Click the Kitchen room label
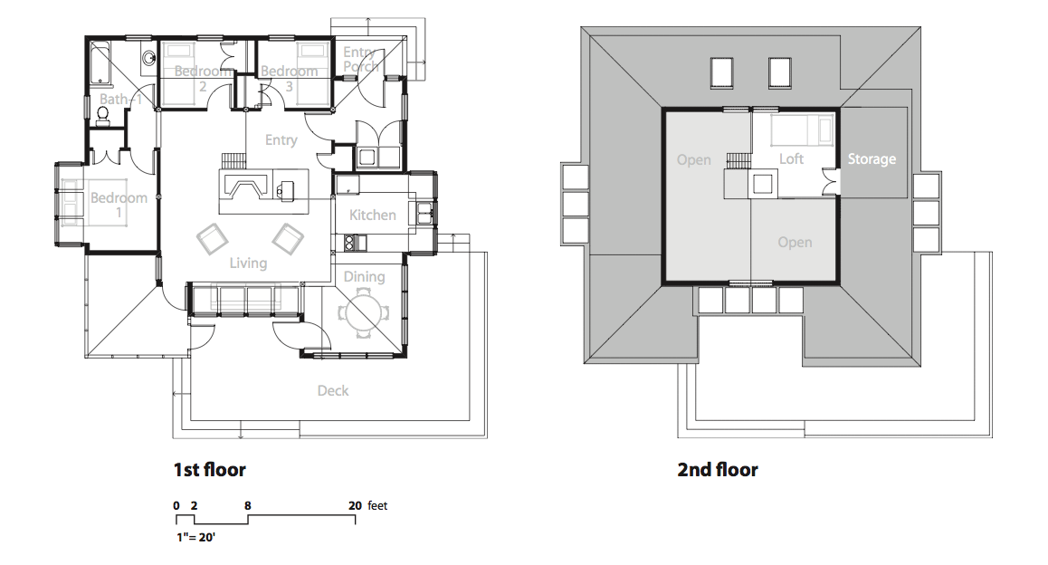coord(372,215)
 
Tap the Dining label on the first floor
coord(364,277)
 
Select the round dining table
coord(364,312)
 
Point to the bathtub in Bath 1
coord(100,62)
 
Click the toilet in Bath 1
coord(102,116)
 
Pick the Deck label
coord(333,390)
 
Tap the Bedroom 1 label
coord(119,205)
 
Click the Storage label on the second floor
coord(872,159)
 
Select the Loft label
coord(791,159)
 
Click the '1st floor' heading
coord(209,469)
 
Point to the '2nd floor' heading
coord(717,469)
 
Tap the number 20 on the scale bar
coord(355,505)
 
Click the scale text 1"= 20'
coord(195,537)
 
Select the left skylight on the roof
coord(721,72)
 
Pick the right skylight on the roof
coord(779,72)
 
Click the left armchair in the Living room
coord(213,239)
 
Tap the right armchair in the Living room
coord(288,239)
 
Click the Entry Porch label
coord(361,59)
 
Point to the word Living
coord(248,263)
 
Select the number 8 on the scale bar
coord(248,505)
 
